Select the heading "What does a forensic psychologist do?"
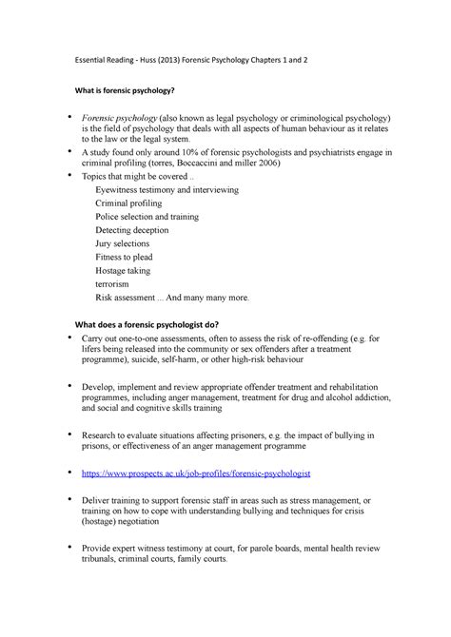(x=165, y=323)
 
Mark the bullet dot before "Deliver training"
(x=68, y=496)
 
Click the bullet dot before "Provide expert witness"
(x=68, y=547)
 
